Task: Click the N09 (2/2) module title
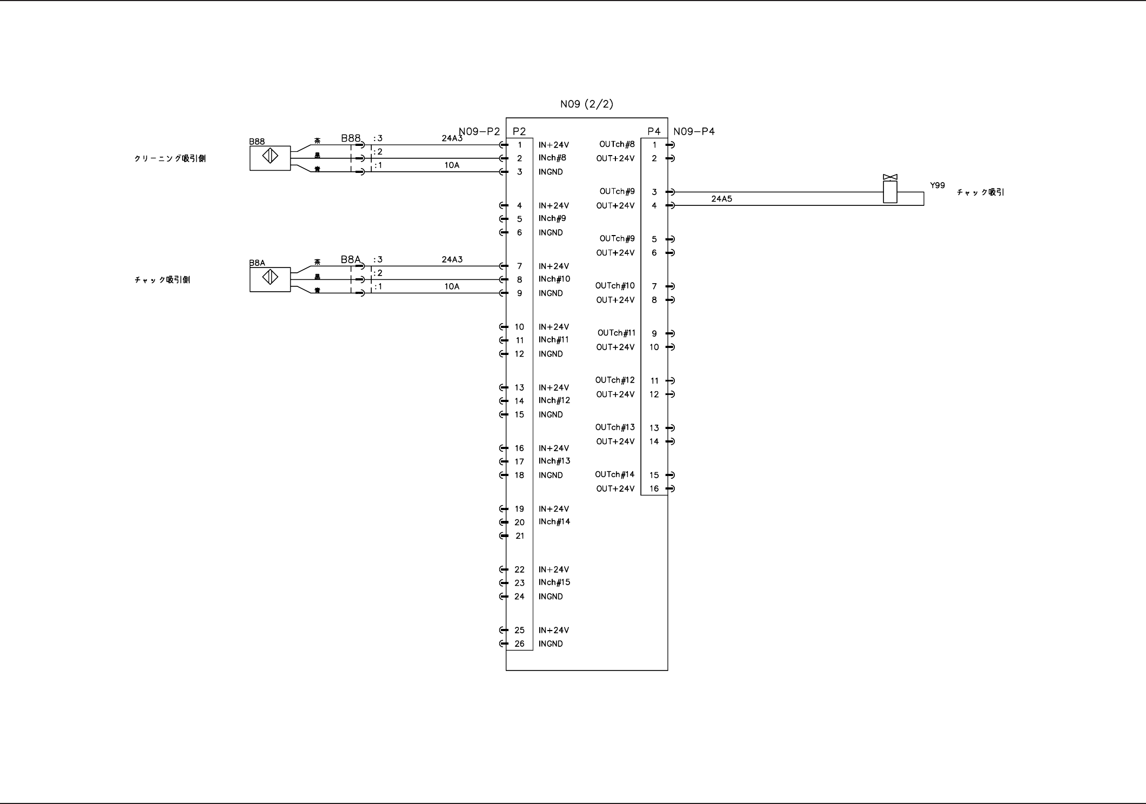[x=586, y=104]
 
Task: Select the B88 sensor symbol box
[x=270, y=158]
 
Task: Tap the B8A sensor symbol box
[x=270, y=279]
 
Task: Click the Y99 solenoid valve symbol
[x=890, y=190]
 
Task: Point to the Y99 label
[x=937, y=185]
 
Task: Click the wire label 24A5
[x=721, y=199]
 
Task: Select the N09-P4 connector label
[x=694, y=131]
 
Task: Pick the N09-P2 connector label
[x=479, y=131]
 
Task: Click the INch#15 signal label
[x=554, y=582]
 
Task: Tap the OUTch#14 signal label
[x=615, y=474]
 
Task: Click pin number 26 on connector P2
[x=519, y=644]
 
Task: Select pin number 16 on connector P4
[x=654, y=488]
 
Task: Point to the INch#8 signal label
[x=552, y=158]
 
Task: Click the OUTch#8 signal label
[x=617, y=144]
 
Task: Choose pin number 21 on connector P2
[x=519, y=536]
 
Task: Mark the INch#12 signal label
[x=554, y=400]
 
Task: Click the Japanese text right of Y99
[x=981, y=192]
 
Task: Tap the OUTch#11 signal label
[x=616, y=333]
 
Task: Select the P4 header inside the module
[x=654, y=131]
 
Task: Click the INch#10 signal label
[x=554, y=279]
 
